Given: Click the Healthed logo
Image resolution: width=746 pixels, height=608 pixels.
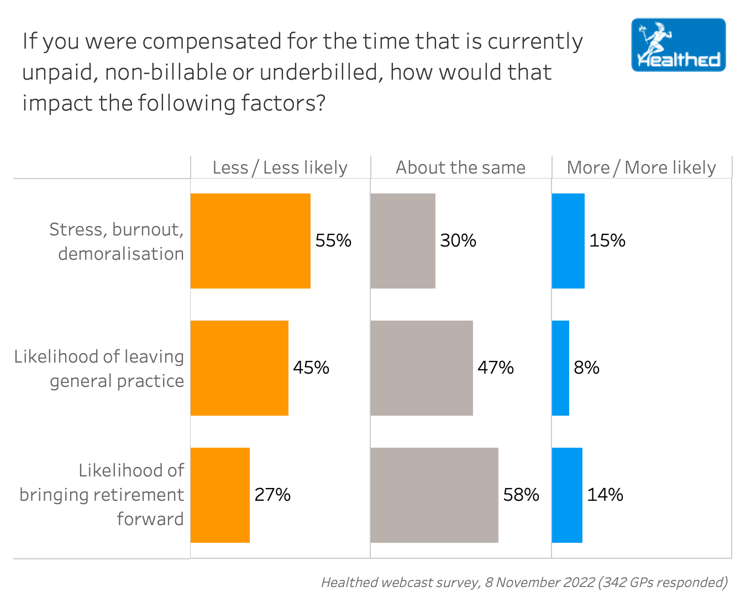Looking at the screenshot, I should tap(678, 45).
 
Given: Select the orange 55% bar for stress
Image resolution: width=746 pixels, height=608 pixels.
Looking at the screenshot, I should tap(250, 241).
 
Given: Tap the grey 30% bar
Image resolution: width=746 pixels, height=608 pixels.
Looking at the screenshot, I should tap(403, 241).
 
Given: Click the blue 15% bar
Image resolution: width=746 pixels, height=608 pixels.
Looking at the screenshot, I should tap(568, 241).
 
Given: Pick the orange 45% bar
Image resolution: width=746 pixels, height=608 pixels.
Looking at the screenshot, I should tap(239, 368).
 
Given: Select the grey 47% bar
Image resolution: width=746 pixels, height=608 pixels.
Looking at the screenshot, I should tap(422, 368).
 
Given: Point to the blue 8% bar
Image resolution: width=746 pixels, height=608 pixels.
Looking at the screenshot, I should tap(560, 368).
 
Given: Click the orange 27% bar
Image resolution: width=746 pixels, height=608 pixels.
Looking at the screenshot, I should tap(220, 495).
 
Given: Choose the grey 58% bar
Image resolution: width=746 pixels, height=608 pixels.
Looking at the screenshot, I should tap(434, 495).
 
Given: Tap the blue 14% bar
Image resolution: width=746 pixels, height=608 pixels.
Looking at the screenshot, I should tap(567, 495).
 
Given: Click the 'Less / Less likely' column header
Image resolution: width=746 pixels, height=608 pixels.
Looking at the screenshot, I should tap(280, 167).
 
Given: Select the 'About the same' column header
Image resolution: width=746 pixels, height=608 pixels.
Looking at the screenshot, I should tap(460, 167).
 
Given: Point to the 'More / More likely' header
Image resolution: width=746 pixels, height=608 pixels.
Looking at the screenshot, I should tap(641, 167).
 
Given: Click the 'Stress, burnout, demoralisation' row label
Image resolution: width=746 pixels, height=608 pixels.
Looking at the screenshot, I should tap(117, 241).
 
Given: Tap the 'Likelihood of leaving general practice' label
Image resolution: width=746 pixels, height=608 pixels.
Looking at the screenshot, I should tap(99, 368).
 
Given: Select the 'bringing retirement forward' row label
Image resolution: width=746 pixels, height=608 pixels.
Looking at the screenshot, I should tap(102, 495).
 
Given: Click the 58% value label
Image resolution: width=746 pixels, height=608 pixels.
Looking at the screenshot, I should tap(521, 495).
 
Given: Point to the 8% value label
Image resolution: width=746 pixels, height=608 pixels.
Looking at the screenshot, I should tap(586, 368).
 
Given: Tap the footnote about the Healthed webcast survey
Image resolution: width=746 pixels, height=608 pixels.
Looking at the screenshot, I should tap(524, 582).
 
